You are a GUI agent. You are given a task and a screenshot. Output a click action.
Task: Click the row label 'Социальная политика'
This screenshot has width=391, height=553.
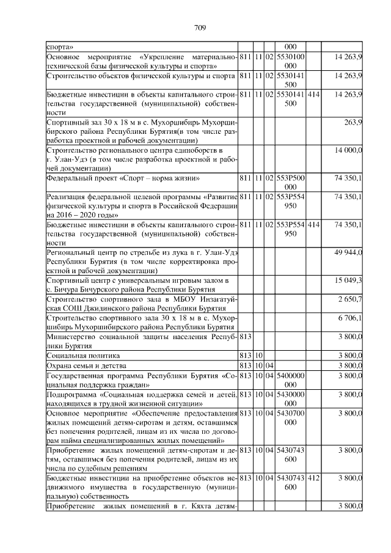(84, 355)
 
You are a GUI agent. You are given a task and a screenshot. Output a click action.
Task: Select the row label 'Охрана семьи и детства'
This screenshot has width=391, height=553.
(88, 365)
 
